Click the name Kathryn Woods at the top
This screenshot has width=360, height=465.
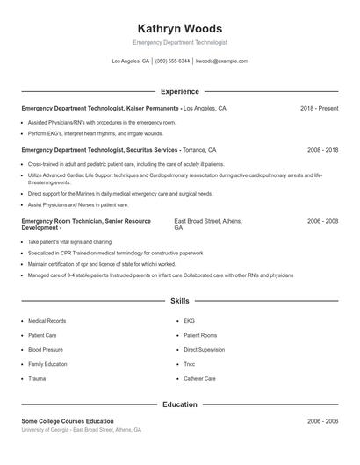point(180,28)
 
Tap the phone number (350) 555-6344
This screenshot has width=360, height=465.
point(172,61)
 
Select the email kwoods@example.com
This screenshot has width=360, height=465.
point(221,61)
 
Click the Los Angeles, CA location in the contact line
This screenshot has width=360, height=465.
point(131,61)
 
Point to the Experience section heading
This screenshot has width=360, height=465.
point(180,91)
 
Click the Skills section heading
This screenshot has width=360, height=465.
point(180,301)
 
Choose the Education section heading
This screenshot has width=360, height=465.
point(180,404)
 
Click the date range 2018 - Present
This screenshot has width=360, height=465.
point(319,108)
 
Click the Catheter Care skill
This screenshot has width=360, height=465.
point(199,378)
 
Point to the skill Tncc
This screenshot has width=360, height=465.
point(189,363)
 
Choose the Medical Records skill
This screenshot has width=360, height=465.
point(47,321)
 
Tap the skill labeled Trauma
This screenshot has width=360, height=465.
point(37,378)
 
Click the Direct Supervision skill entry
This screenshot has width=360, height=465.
point(204,349)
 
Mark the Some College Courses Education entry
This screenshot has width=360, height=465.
point(68,421)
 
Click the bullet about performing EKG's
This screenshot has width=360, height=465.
point(95,133)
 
